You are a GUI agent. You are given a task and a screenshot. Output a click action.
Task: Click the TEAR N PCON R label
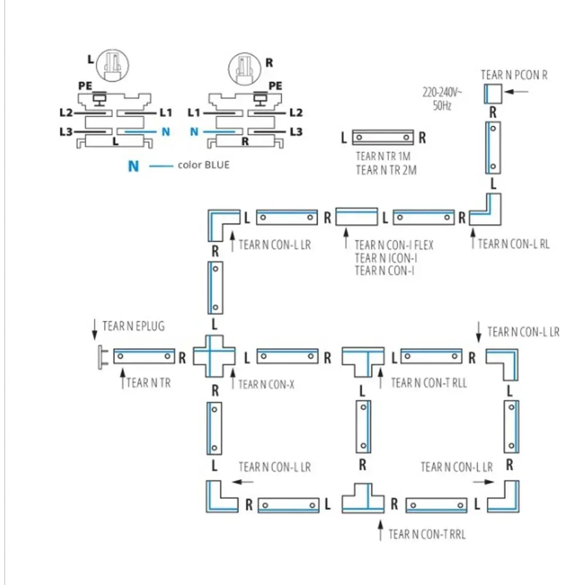coord(514,75)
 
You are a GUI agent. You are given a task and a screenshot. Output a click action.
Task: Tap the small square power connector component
coord(493,93)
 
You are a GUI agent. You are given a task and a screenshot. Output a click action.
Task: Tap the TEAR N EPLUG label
coord(133,326)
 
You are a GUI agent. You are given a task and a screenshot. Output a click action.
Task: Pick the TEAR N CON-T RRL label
coord(427,534)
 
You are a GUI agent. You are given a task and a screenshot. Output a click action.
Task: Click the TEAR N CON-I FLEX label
coord(394,245)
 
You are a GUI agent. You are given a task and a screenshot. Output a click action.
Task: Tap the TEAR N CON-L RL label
coord(514,244)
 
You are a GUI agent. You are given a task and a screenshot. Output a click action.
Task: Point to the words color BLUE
coord(204,165)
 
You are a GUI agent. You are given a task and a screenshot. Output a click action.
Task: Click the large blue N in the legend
coord(133,166)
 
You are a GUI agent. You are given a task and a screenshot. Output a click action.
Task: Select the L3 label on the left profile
coord(67,132)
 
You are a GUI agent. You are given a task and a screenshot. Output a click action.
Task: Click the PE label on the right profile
coord(276,85)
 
